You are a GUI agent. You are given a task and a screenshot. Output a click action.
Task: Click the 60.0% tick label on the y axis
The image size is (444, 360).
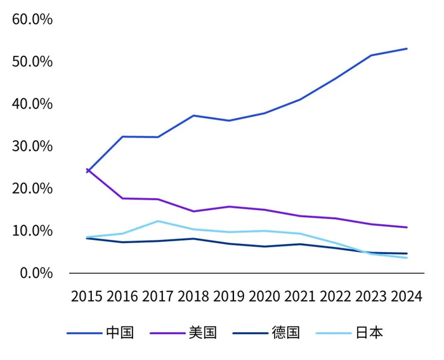tap(32, 19)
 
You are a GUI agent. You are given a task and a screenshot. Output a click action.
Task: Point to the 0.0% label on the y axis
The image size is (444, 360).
tap(35, 273)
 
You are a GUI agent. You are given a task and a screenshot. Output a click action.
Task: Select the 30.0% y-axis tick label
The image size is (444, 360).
tap(32, 146)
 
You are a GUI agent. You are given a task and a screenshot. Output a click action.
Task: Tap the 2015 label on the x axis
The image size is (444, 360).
tap(87, 297)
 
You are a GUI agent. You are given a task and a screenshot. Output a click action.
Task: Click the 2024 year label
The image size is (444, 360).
tap(407, 297)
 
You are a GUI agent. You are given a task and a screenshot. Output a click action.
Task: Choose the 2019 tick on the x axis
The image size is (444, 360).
tap(229, 297)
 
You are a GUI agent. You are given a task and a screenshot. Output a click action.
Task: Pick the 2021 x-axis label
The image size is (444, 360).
tap(301, 297)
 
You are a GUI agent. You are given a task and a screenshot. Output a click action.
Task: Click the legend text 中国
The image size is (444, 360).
tap(120, 333)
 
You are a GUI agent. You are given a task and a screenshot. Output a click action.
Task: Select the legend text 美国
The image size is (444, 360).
tap(203, 333)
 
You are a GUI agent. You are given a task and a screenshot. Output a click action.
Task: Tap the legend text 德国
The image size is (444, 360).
tap(285, 333)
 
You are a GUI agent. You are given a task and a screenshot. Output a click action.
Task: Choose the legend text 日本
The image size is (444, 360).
tap(369, 333)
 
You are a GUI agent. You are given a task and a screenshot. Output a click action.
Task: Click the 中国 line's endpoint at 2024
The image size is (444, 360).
tap(407, 49)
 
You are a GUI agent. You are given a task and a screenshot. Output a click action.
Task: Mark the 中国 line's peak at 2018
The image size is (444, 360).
tap(193, 116)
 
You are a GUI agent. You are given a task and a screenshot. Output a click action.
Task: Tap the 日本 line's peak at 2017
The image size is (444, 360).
tap(158, 221)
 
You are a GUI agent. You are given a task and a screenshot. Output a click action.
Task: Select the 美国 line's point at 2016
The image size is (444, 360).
tap(122, 199)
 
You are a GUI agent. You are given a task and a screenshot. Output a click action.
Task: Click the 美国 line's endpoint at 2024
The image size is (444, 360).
tap(407, 227)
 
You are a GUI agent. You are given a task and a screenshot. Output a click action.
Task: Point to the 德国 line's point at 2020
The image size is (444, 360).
tap(264, 246)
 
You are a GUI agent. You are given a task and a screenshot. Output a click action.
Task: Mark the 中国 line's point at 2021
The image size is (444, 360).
tap(301, 99)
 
